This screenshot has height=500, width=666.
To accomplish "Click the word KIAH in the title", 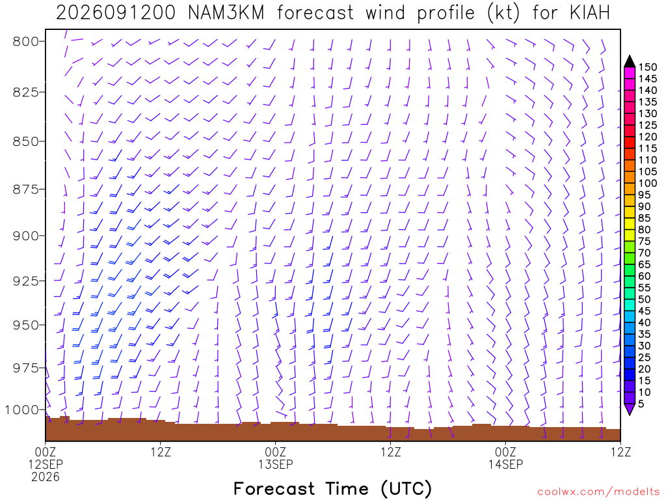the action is (x=589, y=13).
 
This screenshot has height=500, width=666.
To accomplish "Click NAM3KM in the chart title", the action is (x=226, y=13).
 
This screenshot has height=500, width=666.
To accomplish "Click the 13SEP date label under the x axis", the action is (x=276, y=464).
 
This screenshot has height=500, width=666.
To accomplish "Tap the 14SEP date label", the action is (x=505, y=464).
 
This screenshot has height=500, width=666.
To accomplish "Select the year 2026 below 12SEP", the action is (x=46, y=477).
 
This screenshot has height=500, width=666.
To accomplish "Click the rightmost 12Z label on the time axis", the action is (x=620, y=452).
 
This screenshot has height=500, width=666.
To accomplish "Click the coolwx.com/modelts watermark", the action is (x=598, y=492).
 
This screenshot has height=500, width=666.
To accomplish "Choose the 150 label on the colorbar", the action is (x=647, y=67).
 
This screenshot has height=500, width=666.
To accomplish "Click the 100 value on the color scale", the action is (x=647, y=183).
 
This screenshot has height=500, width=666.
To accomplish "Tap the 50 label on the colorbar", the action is (x=645, y=299).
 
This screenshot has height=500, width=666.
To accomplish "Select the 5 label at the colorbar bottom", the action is (x=641, y=404).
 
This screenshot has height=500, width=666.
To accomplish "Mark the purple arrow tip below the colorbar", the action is (x=630, y=415).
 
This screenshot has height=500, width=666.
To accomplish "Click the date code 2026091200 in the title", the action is (x=116, y=13).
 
